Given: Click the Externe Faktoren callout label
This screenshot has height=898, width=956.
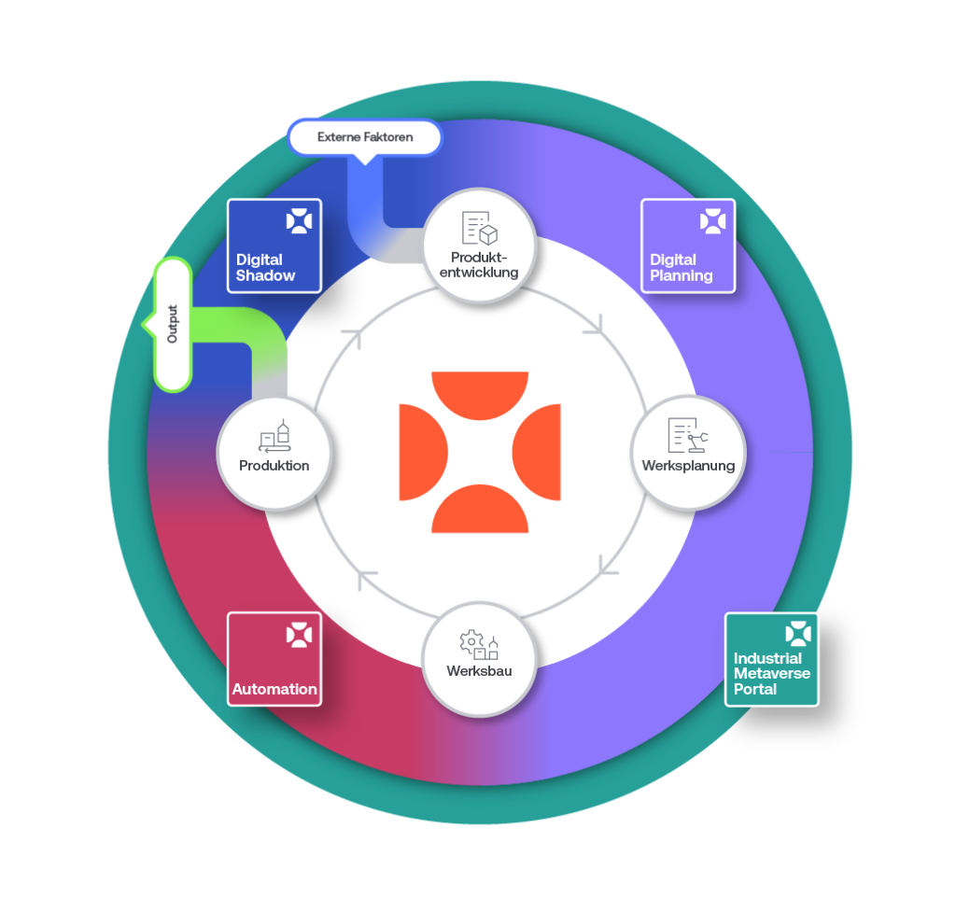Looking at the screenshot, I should click(364, 137).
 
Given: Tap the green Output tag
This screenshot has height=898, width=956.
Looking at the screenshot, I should click(173, 325).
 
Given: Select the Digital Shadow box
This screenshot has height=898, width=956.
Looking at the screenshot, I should click(274, 246).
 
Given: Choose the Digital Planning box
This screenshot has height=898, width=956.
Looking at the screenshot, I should click(688, 246).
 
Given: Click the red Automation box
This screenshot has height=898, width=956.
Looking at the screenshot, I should click(274, 659).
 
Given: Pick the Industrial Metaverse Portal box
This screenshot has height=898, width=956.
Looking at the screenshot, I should click(772, 659).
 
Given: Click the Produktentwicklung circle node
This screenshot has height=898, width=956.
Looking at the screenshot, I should click(479, 246).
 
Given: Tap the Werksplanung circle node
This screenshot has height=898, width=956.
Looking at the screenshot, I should click(688, 453).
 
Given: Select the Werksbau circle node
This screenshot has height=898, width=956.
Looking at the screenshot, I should click(479, 659).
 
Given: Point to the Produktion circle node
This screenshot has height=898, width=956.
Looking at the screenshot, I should click(274, 453).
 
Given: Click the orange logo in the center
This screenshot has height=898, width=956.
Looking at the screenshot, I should click(480, 453).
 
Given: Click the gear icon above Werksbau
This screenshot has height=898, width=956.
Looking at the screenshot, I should click(471, 641).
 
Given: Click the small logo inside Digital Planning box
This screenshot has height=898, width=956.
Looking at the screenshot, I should click(712, 221).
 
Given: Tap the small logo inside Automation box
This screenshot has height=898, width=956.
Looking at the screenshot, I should click(299, 636).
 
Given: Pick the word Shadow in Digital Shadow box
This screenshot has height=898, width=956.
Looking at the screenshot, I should click(265, 275).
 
